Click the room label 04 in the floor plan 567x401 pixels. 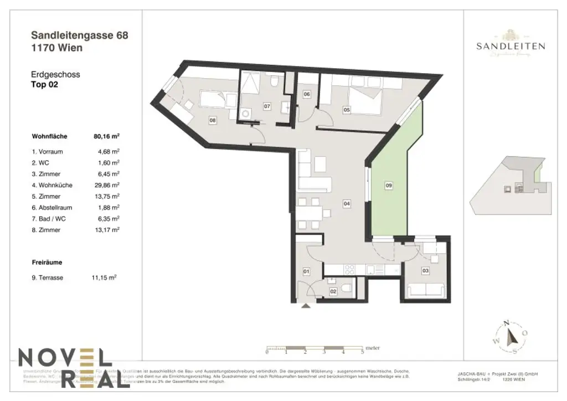(x=346, y=204)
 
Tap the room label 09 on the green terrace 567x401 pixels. (x=388, y=186)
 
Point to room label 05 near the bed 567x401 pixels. (x=347, y=110)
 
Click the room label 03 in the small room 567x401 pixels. (x=425, y=271)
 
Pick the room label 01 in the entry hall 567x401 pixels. (x=306, y=271)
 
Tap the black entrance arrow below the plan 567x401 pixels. (x=306, y=305)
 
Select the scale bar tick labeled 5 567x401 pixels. (x=363, y=352)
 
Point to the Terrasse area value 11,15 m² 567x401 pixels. (x=104, y=277)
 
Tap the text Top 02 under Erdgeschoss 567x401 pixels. (x=44, y=85)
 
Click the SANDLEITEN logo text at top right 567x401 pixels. (x=510, y=47)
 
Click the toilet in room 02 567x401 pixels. (x=346, y=287)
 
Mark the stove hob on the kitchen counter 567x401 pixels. (x=350, y=270)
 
